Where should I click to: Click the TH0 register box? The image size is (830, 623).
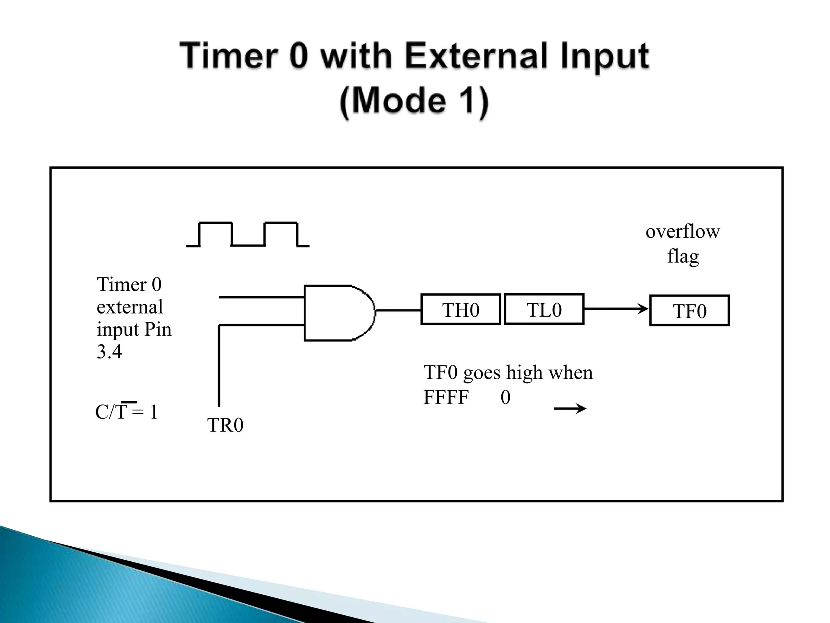click(461, 310)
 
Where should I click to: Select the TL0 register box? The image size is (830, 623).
click(544, 309)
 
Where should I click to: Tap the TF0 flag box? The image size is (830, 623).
click(689, 311)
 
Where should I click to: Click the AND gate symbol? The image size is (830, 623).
click(338, 313)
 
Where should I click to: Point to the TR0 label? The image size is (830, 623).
click(225, 425)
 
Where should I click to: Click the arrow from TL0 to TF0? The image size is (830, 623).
click(616, 309)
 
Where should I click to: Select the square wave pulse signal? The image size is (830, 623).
click(248, 234)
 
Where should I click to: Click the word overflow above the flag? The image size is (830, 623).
click(682, 232)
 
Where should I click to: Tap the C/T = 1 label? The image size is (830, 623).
click(126, 412)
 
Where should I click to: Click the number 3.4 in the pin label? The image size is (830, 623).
click(109, 351)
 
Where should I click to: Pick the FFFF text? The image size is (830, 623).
click(446, 397)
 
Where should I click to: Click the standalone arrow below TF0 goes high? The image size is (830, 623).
click(570, 408)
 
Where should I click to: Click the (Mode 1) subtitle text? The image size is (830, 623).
click(414, 101)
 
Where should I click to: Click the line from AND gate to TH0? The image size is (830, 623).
click(398, 311)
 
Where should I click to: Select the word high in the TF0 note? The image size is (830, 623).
click(524, 372)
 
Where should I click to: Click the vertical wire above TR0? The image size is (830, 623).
click(219, 365)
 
